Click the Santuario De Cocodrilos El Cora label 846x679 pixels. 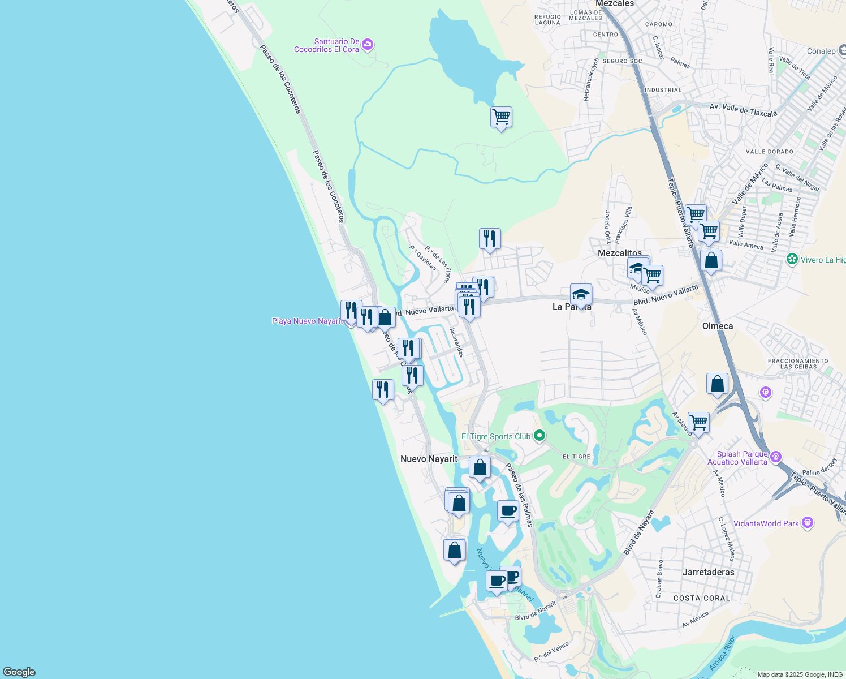coord(326,45)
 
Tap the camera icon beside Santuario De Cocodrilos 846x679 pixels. coord(368,44)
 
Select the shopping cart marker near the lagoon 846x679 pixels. coord(501,118)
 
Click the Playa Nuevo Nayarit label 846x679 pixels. coord(307,321)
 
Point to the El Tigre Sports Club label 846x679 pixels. coord(496,436)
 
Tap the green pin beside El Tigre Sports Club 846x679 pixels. coord(539,436)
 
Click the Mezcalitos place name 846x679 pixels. coord(620,253)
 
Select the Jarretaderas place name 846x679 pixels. coord(708,572)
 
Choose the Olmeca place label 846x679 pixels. coord(717,326)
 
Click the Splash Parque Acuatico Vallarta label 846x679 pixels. coord(742,458)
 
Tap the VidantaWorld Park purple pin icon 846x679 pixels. coord(808,523)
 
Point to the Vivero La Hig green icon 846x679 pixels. coord(792,260)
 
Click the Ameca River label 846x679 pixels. coord(723,653)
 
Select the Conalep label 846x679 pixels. coord(821,51)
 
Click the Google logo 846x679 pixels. coord(19,672)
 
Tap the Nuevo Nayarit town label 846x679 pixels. coord(429,459)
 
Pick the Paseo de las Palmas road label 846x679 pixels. coord(519,495)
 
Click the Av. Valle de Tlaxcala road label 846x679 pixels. coord(743,110)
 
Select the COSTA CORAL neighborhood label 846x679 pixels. coord(702,598)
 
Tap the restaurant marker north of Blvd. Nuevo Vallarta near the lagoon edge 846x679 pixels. coord(490,239)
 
